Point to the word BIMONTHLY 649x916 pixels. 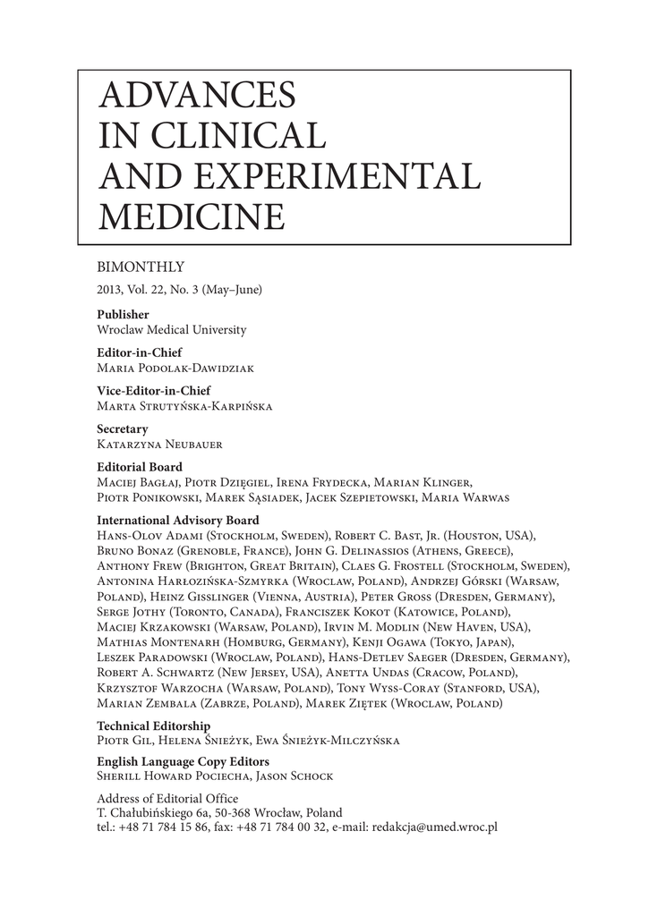click(x=140, y=267)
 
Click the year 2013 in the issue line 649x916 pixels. click(x=110, y=290)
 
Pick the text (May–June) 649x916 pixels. click(x=230, y=290)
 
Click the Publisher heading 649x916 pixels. click(x=123, y=315)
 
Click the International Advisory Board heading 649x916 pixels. click(x=177, y=521)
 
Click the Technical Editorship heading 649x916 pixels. click(x=153, y=726)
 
